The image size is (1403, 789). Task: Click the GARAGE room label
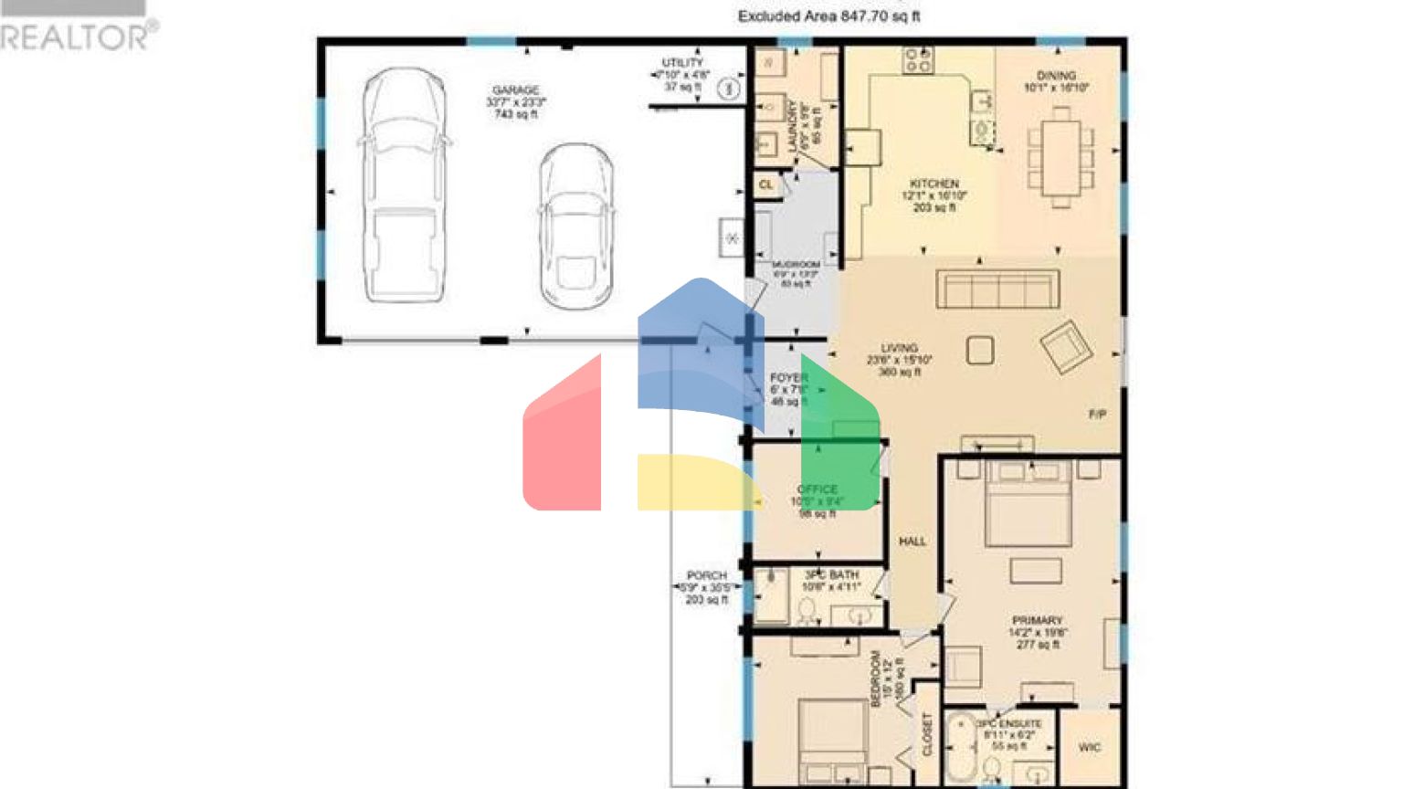[x=516, y=90]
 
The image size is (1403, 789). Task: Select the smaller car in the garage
[x=575, y=227]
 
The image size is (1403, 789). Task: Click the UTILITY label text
[x=682, y=63]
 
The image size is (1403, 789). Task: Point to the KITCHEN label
[x=934, y=184]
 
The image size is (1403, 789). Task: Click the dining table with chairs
[x=1060, y=157]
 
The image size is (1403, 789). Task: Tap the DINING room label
[x=1056, y=76]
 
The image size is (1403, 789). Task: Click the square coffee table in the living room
[x=980, y=351]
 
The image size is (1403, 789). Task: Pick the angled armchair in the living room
[x=1065, y=347]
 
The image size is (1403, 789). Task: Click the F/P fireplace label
[x=1097, y=415]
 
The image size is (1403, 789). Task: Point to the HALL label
[x=912, y=542]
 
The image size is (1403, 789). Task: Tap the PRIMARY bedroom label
[x=1037, y=620]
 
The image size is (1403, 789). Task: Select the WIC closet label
[x=1089, y=747]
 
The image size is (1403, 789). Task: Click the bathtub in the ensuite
[x=960, y=748]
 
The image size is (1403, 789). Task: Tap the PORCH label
[x=706, y=575]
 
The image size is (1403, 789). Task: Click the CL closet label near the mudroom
[x=765, y=184]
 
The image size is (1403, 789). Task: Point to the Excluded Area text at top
[x=828, y=16]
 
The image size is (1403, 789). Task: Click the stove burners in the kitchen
[x=918, y=60]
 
